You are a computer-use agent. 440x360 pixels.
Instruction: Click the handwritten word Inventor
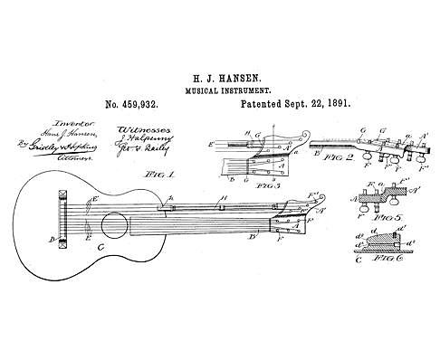click(46, 125)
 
